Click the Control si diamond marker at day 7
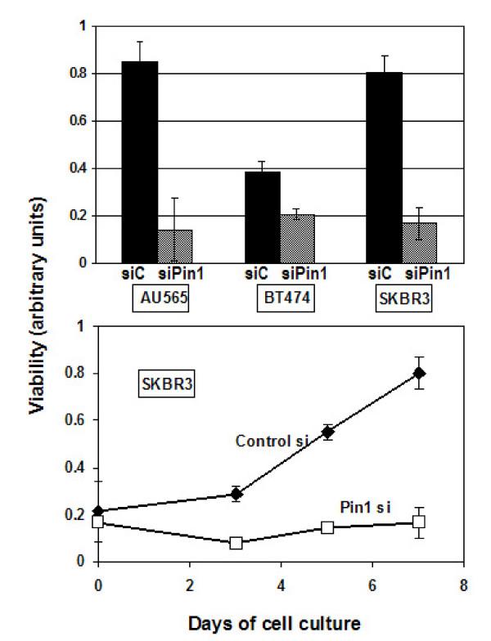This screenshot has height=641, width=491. pyautogui.click(x=419, y=374)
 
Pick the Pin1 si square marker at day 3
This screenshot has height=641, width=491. pyautogui.click(x=236, y=543)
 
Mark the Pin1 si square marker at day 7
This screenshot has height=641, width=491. pyautogui.click(x=419, y=522)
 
